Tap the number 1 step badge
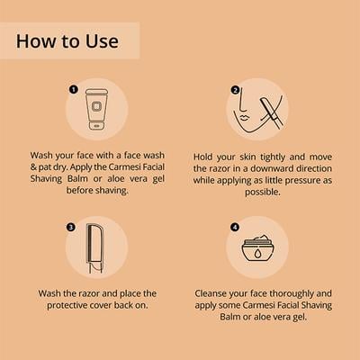72,90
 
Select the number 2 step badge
234,90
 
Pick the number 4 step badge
236,225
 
